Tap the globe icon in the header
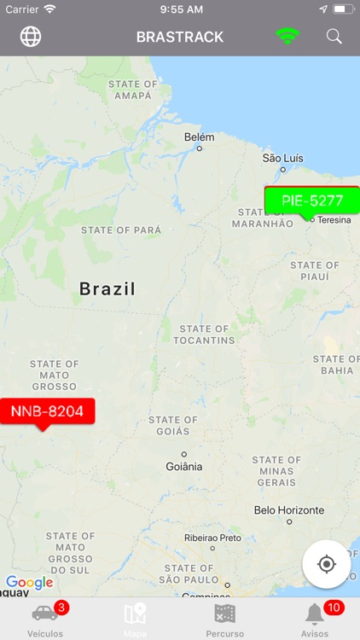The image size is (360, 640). tap(31, 37)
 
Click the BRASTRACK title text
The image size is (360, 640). tap(180, 37)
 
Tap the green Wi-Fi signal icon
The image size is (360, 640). tap(287, 37)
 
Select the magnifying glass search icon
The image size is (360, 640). tap(334, 37)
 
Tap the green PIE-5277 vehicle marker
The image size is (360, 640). tap(311, 201)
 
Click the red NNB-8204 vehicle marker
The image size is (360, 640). tap(47, 411)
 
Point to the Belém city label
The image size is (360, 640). tap(200, 137)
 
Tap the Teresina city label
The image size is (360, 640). tap(334, 219)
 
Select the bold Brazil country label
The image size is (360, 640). tap(107, 289)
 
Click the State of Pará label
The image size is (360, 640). tap(120, 230)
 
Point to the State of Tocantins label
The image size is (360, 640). tap(204, 334)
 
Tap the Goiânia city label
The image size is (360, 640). tap(183, 466)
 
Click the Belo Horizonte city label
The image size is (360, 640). tap(289, 510)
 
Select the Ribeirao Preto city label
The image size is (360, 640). tap(212, 538)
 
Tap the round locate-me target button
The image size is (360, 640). tap(326, 564)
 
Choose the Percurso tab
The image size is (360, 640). tap(225, 619)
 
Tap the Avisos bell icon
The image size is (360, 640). tap(315, 614)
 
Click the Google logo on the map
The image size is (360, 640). tap(29, 583)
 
